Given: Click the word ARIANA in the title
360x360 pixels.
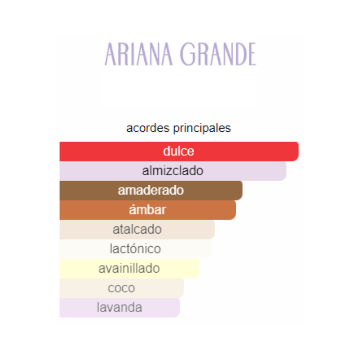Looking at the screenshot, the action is [139, 54].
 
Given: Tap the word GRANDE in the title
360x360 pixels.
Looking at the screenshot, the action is [218, 54].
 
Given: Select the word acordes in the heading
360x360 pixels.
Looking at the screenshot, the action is [148, 128].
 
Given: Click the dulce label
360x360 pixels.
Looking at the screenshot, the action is [179, 151].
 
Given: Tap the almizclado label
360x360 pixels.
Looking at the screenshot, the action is [173, 171].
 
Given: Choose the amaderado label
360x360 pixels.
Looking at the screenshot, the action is [151, 190].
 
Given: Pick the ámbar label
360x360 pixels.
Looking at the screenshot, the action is [147, 210].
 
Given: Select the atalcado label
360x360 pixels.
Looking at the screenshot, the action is [137, 229].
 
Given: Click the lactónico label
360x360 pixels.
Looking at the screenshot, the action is [135, 249].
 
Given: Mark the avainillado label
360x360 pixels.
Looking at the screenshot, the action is [129, 269].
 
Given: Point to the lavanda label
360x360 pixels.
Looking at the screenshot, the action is [120, 307].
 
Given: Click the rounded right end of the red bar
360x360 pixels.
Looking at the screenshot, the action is [298, 151].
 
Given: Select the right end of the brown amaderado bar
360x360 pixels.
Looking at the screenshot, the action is [242, 190].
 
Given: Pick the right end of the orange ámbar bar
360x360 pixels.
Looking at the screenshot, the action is [236, 210].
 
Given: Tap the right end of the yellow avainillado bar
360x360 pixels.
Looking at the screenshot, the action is [199, 269].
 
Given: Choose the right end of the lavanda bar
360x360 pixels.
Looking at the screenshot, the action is [180, 307].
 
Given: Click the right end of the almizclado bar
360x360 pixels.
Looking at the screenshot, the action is [286, 171].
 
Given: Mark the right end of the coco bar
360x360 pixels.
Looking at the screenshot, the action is [184, 288].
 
